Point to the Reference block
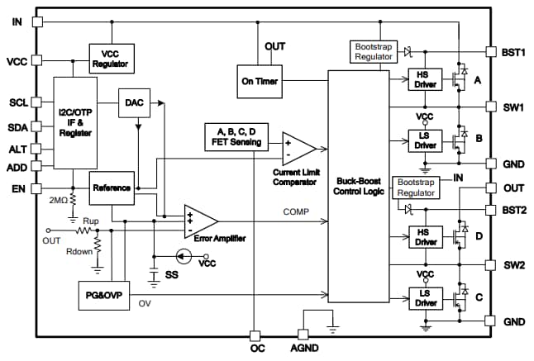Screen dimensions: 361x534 111,188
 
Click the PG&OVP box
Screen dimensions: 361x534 103,294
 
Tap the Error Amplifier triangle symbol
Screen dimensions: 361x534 198,220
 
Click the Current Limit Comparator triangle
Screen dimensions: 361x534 298,149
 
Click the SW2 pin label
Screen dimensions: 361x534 513,266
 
